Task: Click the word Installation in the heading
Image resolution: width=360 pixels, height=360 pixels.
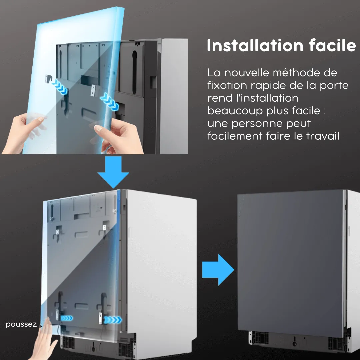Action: (x=255, y=45)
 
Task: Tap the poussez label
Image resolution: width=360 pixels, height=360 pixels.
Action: (x=21, y=324)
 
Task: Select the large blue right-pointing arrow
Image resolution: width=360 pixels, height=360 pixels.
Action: (x=218, y=270)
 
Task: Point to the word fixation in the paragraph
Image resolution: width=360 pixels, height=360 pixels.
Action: (x=227, y=85)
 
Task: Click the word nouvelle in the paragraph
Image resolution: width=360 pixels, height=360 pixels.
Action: (x=247, y=73)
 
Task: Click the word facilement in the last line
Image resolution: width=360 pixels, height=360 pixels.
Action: (x=235, y=136)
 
